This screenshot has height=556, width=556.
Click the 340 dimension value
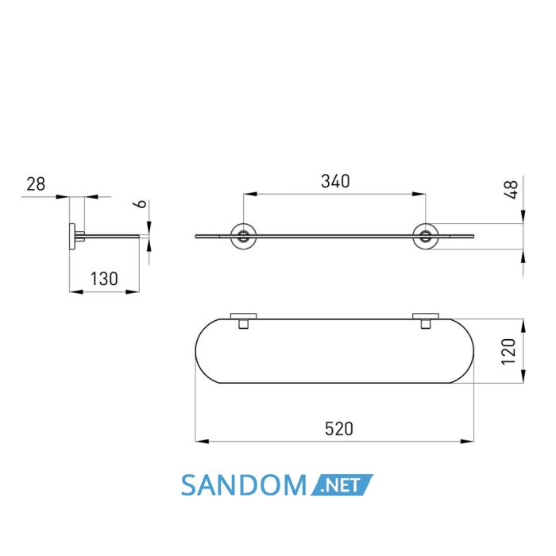[335, 181]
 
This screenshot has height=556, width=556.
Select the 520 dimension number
[339, 429]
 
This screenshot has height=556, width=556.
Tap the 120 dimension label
[508, 351]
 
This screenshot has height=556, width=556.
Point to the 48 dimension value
[511, 190]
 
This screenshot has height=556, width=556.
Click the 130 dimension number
[104, 279]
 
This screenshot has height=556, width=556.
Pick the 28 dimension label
[36, 184]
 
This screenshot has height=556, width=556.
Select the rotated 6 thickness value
[141, 203]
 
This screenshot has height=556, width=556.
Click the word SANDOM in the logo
[244, 485]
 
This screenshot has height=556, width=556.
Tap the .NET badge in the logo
[342, 485]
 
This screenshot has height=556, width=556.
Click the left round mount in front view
[243, 236]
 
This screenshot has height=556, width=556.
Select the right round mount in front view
[426, 236]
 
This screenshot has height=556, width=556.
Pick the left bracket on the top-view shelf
[244, 321]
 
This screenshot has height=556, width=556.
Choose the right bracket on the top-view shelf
[426, 321]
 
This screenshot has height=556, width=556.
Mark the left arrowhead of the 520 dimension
[202, 442]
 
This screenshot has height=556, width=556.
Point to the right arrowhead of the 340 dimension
[419, 194]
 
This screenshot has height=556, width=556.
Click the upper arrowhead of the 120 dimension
[523, 326]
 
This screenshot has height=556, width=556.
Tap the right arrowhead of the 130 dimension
[133, 292]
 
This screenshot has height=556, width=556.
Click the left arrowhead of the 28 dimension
[63, 196]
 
